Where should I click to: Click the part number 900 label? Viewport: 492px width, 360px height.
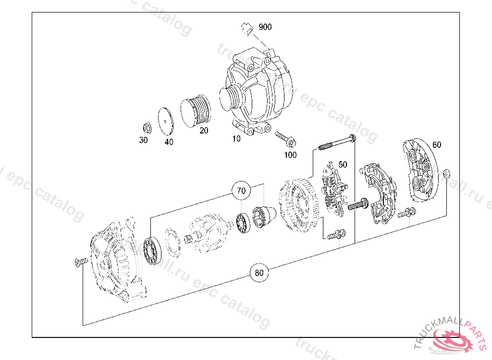point(265,27)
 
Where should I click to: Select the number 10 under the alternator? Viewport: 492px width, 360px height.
point(236,139)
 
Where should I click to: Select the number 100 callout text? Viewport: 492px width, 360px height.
point(290,155)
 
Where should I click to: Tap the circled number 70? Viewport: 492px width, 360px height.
point(241,191)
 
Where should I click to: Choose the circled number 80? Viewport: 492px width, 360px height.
point(259,273)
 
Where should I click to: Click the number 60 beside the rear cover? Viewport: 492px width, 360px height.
point(437,144)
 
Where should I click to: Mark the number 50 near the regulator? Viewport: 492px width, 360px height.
point(343,164)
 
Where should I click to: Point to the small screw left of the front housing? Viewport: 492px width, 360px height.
point(80,262)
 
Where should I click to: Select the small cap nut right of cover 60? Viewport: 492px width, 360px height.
point(446,173)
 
